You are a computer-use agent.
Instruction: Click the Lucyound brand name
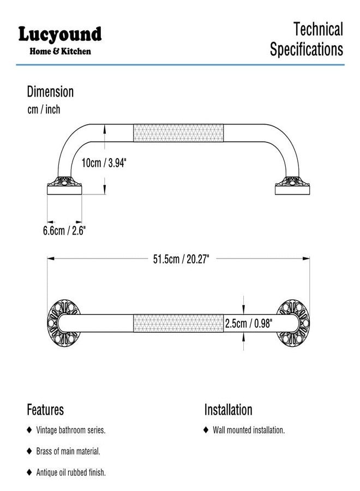(60, 34)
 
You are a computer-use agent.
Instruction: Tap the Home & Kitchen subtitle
(60, 51)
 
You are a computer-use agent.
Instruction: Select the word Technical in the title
(318, 29)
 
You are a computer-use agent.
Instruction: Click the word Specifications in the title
(307, 49)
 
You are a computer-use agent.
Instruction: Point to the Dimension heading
(50, 92)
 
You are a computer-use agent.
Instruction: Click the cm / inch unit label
(44, 110)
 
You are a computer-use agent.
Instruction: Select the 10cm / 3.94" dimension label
(104, 163)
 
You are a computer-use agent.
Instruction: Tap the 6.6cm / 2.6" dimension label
(64, 231)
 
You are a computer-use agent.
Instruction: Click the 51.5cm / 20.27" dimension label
(181, 259)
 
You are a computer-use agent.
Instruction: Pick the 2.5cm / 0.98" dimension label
(249, 324)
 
